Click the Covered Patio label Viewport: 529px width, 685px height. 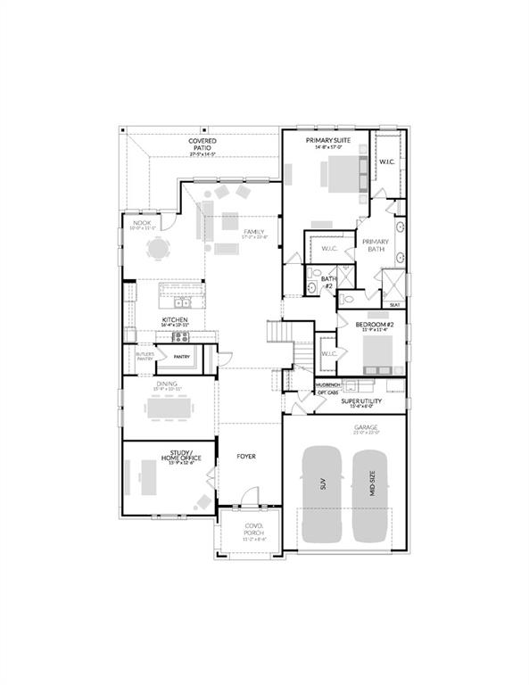(x=203, y=144)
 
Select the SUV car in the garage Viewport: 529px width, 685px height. (x=322, y=492)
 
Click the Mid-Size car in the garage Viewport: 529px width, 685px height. (x=372, y=492)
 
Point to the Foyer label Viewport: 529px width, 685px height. (x=246, y=457)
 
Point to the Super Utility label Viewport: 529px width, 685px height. (x=361, y=401)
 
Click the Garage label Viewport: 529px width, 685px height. (x=366, y=428)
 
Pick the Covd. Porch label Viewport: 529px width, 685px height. (x=256, y=529)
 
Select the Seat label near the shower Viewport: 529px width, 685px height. (x=394, y=303)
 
